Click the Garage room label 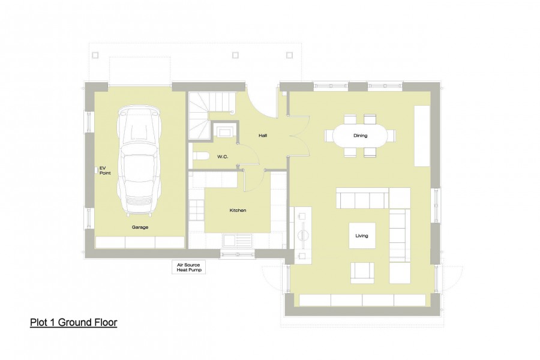pos(140,227)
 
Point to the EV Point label pos(104,170)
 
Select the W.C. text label pos(223,157)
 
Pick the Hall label pos(263,136)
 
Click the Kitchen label pos(238,211)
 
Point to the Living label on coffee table pos(361,236)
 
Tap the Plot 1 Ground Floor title pos(73,323)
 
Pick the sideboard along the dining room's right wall pos(422,136)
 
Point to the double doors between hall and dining pos(290,136)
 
